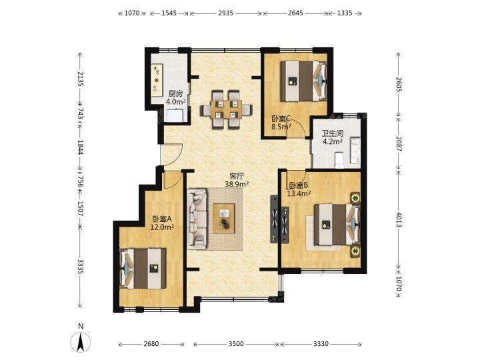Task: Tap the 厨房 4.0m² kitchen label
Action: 175,97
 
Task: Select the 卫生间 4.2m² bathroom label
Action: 332,137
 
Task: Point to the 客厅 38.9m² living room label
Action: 236,180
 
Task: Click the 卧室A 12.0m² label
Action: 162,223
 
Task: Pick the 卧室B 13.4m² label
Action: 299,189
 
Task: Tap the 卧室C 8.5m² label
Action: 281,123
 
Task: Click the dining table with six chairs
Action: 226,109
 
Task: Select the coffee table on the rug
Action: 224,219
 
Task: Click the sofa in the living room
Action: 197,219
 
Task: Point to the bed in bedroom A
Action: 143,269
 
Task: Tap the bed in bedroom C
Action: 304,81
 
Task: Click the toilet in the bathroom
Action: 339,160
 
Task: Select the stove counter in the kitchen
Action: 157,79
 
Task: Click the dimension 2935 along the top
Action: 226,13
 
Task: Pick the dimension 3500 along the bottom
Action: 236,344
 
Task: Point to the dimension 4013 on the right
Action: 399,219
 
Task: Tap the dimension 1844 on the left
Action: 80,148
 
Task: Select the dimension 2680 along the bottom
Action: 151,344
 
